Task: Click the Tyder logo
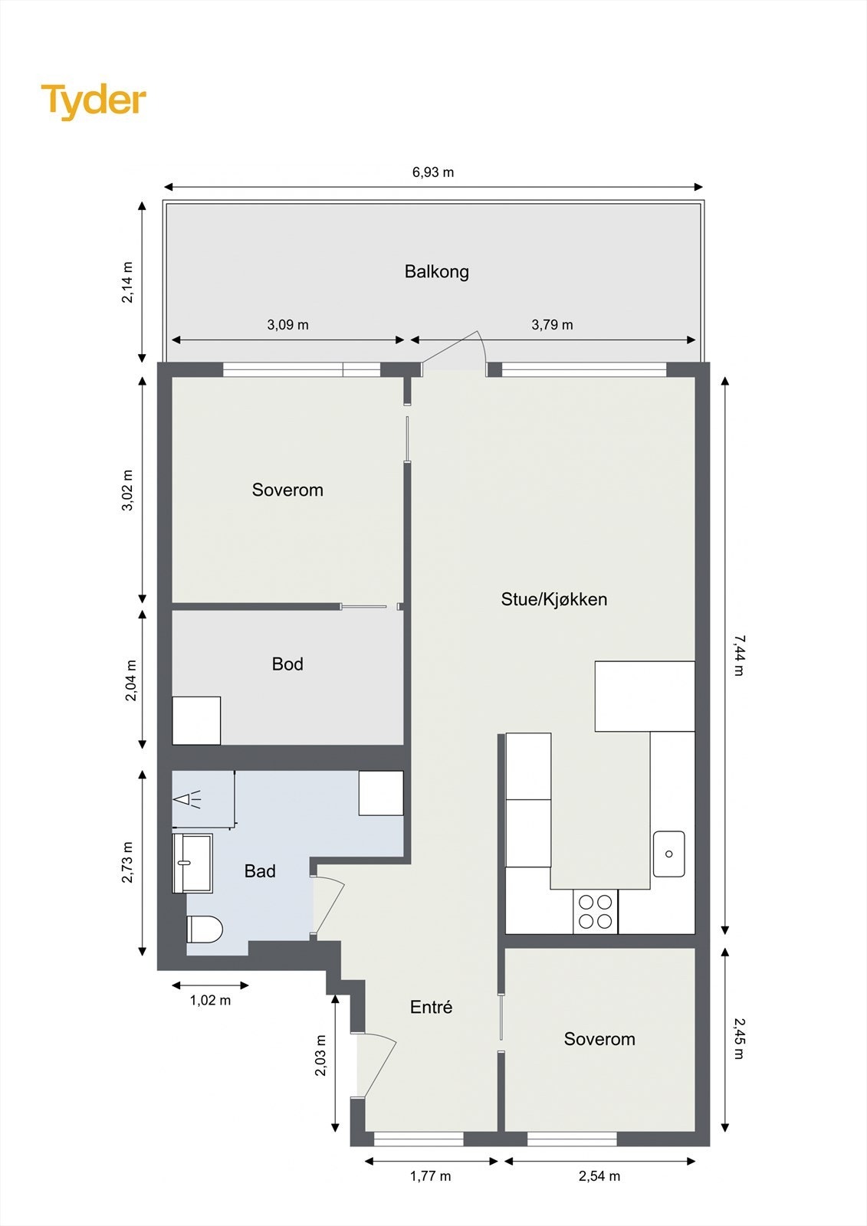tap(94, 100)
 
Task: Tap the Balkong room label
tap(436, 271)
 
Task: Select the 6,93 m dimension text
tap(433, 172)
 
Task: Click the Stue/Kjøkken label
tap(553, 599)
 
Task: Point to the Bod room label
tap(287, 664)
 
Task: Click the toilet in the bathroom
tap(204, 929)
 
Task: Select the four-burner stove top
tap(596, 912)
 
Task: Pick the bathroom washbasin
tap(192, 864)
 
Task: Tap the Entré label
tap(431, 1008)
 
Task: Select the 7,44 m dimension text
tap(738, 655)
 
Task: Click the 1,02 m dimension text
tap(210, 1000)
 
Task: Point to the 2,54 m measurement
tap(599, 1175)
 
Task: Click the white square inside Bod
tap(196, 720)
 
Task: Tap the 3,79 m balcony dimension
tap(552, 325)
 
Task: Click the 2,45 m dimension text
tap(738, 1038)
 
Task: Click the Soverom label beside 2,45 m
tap(599, 1039)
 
